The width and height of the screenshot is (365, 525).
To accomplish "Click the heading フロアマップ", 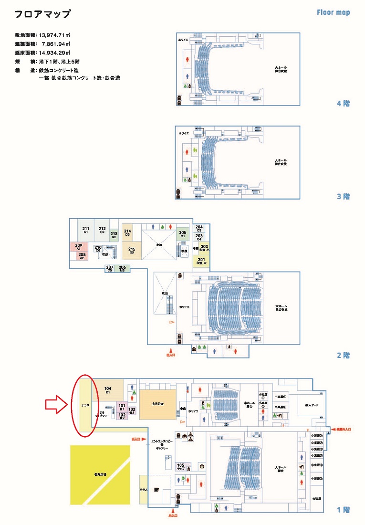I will tap(42, 14).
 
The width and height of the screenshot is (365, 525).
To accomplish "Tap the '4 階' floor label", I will tap(344, 103).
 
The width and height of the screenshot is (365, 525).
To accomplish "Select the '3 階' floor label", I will tap(344, 196).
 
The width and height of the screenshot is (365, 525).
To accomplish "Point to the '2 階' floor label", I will tap(344, 355).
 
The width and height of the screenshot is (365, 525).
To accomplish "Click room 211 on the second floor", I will tap(86, 230).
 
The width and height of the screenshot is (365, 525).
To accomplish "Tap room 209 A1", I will tap(79, 247).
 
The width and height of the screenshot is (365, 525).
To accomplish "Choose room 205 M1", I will tap(182, 234).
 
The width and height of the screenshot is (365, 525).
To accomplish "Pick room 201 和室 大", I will tap(201, 261).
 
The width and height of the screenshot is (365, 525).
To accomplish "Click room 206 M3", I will tap(122, 268).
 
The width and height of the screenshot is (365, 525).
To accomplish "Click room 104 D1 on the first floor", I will tap(107, 390).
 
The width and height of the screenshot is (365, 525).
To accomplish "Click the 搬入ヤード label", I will tap(305, 405).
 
